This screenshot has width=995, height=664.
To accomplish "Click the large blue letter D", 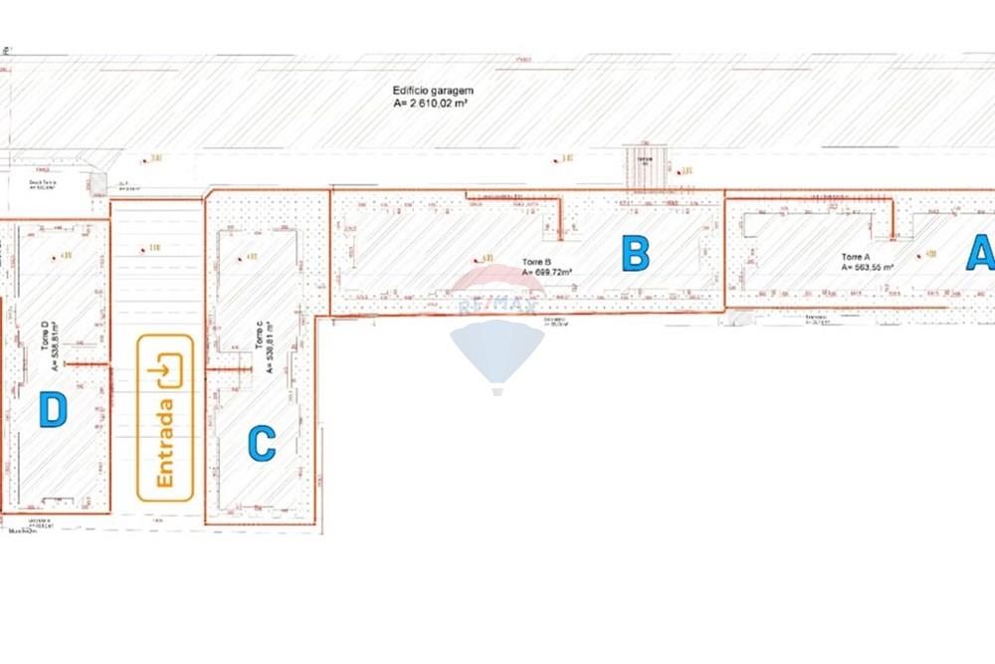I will coord(53,409).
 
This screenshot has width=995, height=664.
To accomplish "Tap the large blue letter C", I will coord(261,443).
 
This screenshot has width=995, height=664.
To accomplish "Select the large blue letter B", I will coord(635,253).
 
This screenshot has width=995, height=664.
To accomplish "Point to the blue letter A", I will coord(981,253).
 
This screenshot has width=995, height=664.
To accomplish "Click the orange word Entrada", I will coord(165,443).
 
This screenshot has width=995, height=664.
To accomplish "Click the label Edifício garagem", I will coord(433,90).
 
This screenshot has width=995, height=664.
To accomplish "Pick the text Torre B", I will coord(536,263).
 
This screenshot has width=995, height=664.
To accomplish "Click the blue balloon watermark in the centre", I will coord(497,350).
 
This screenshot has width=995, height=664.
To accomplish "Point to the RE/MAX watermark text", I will coord(497,304).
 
